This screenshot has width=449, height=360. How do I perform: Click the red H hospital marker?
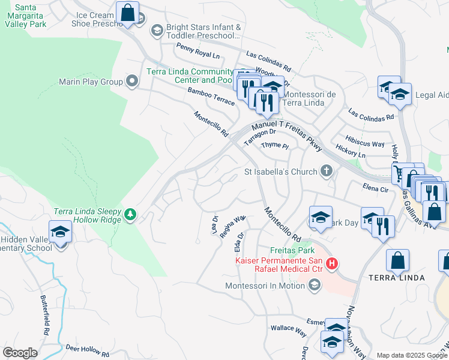tap(331, 263)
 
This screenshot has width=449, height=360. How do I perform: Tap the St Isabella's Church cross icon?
tap(327, 172)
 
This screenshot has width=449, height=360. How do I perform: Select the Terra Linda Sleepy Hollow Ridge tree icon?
tap(130, 214)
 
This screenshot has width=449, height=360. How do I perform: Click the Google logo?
tap(20, 353)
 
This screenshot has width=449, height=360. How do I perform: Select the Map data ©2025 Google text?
tap(412, 355)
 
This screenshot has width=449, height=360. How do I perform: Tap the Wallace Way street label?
tap(289, 328)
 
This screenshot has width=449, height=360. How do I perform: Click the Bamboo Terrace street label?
tap(211, 96)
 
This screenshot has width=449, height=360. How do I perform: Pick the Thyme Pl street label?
tap(275, 146)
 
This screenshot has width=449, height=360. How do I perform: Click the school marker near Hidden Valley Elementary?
tap(61, 232)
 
